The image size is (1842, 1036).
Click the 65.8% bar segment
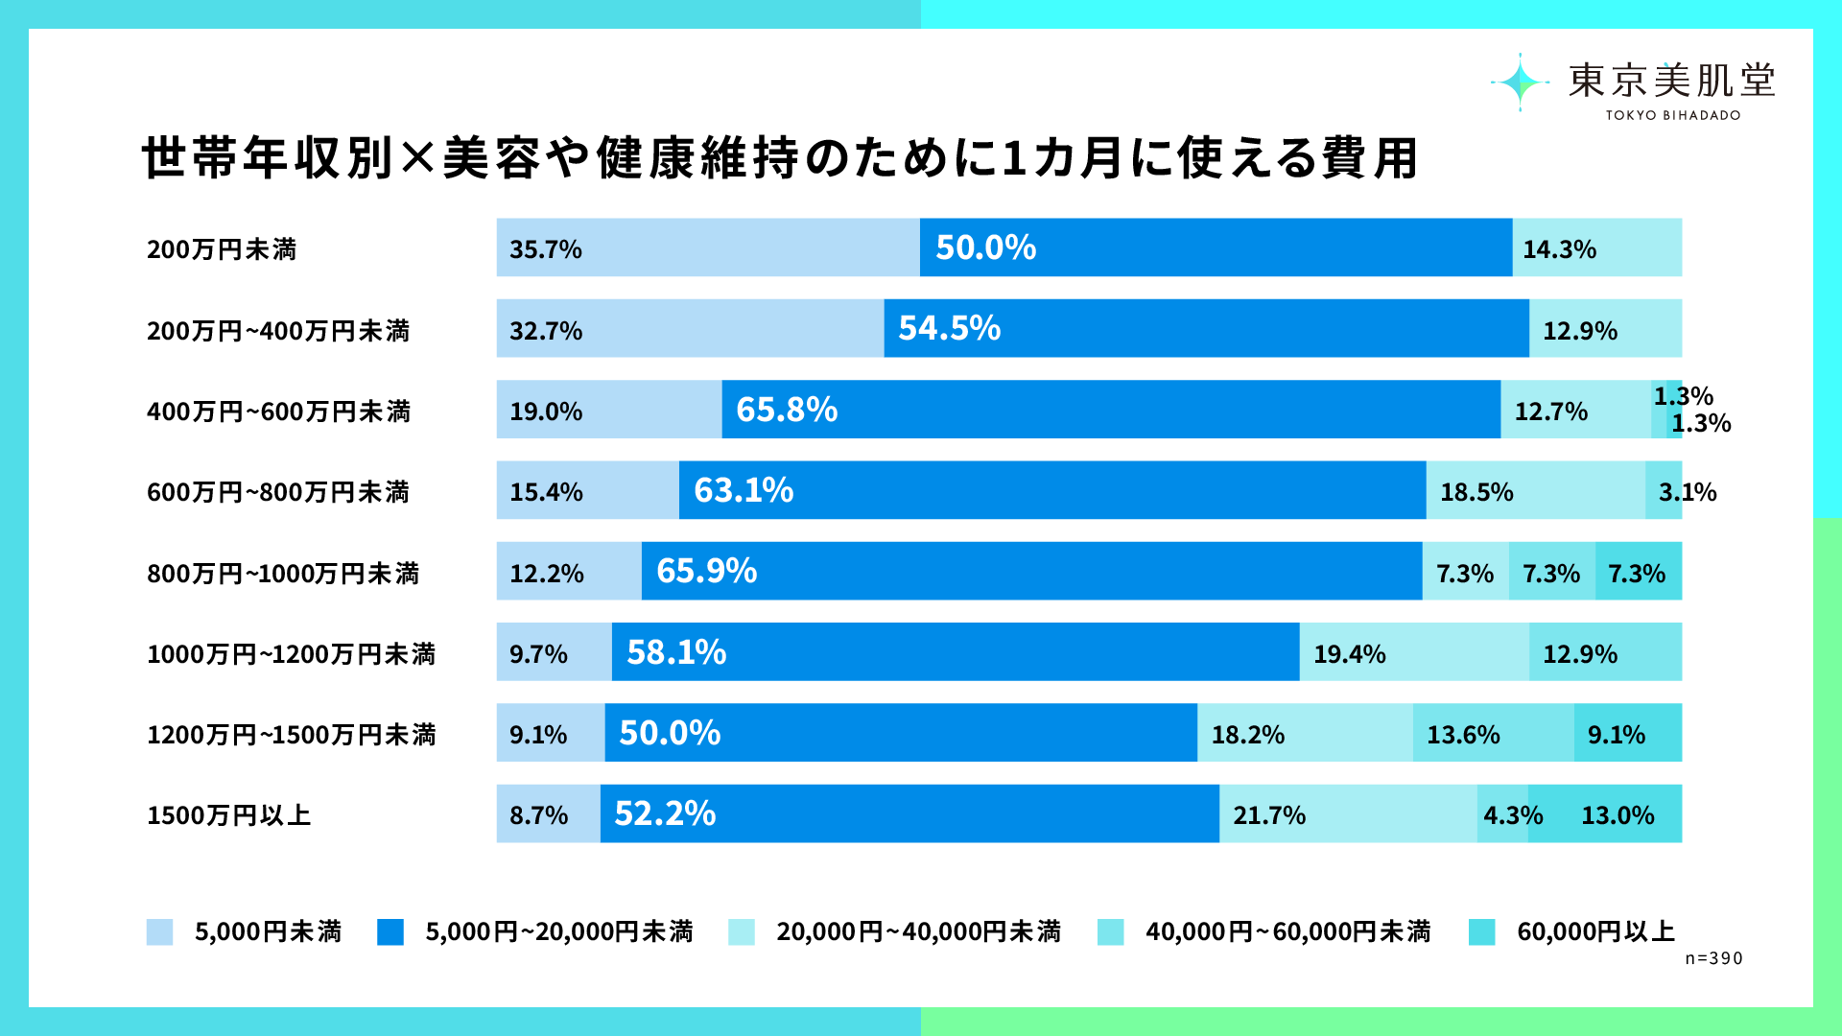(x=1111, y=410)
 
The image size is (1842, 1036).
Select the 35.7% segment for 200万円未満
(x=708, y=247)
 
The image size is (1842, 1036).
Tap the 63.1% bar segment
(x=1052, y=490)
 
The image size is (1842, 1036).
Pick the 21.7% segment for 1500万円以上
(x=1348, y=813)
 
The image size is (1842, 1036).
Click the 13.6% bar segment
(x=1494, y=733)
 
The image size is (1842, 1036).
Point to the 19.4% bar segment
(x=1414, y=652)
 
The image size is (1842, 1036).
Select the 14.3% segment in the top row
(x=1597, y=247)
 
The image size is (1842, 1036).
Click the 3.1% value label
(x=1688, y=492)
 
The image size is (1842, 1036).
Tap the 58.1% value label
(x=676, y=652)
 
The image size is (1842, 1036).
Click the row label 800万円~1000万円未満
(x=283, y=574)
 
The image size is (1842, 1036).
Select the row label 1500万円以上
(x=229, y=815)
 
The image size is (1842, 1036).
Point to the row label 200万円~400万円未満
(x=278, y=331)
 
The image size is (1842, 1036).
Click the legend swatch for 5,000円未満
(x=160, y=932)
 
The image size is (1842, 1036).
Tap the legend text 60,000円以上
(x=1595, y=931)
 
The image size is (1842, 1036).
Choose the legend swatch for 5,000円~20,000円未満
(x=390, y=932)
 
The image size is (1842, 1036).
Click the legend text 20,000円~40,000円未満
(x=918, y=931)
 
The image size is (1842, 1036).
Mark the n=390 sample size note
(x=1714, y=958)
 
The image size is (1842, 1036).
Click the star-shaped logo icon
(x=1520, y=82)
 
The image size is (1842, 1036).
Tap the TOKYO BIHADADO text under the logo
(x=1673, y=115)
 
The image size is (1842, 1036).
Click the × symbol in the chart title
(x=417, y=158)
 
